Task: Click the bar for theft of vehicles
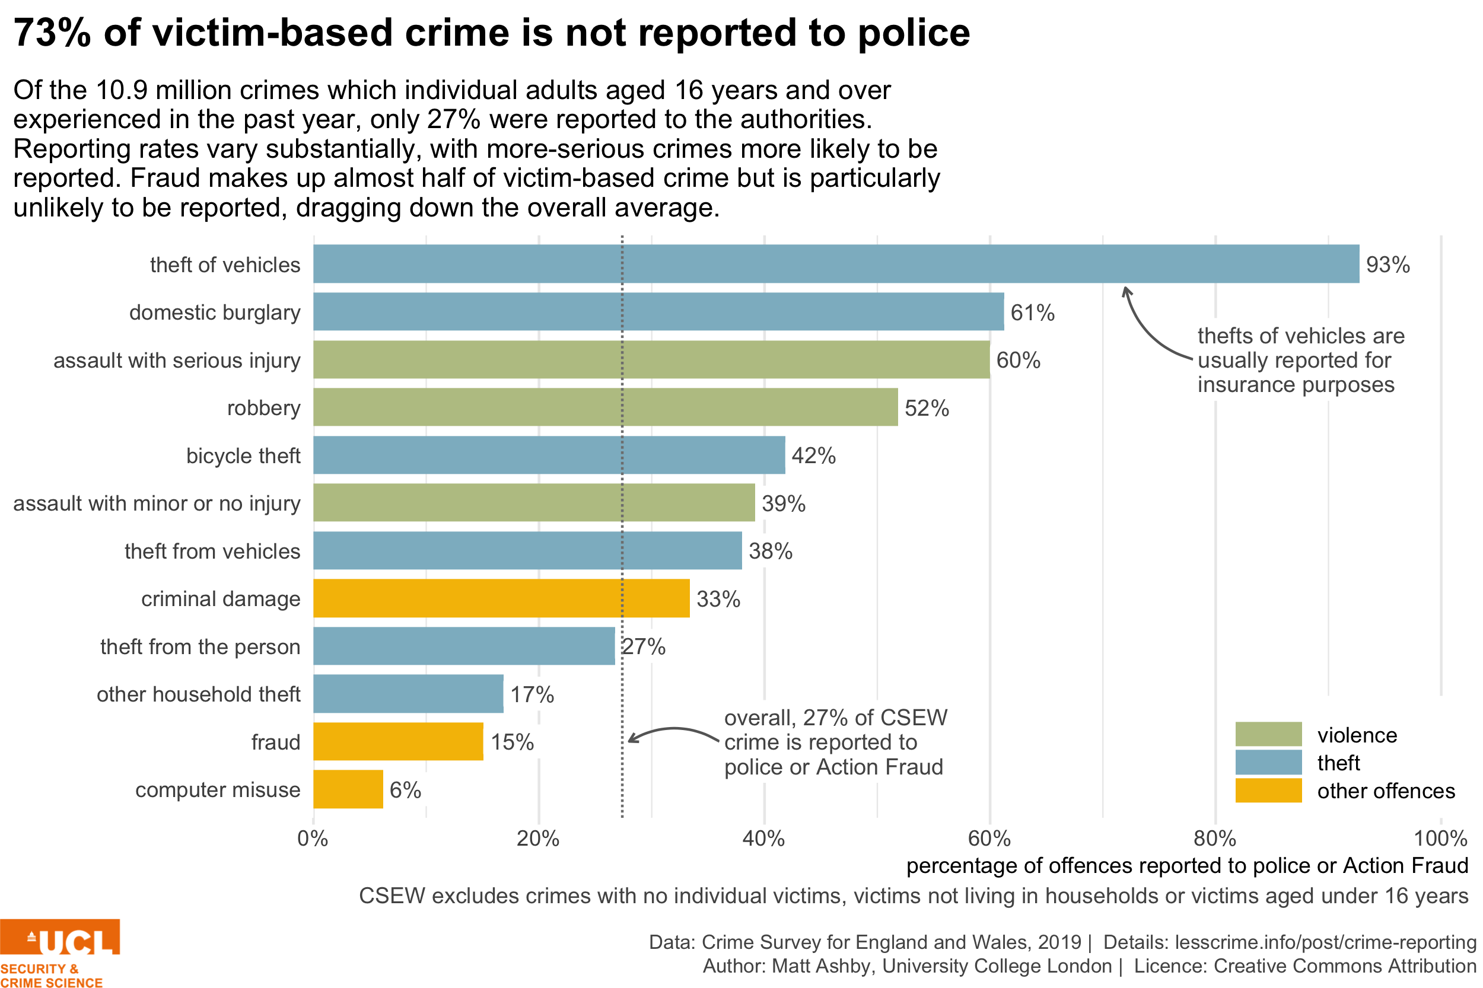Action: coord(836,264)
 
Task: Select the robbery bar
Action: coord(605,407)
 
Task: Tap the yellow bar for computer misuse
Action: coord(348,789)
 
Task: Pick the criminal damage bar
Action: coord(501,598)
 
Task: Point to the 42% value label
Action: coord(816,455)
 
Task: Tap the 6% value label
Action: coord(407,789)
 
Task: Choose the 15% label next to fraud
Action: coord(514,742)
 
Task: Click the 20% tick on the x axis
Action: coord(538,839)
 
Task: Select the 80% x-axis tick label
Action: coord(1214,839)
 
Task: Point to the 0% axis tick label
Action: coord(313,839)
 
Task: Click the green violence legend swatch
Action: coord(1268,734)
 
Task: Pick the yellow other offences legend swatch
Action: coord(1268,790)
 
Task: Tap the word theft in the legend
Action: coord(1338,763)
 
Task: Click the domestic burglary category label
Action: coord(214,313)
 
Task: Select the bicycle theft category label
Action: coord(243,455)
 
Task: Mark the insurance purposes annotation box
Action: coord(1304,360)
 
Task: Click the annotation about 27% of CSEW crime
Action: coord(839,742)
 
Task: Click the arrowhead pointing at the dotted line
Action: coord(631,738)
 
